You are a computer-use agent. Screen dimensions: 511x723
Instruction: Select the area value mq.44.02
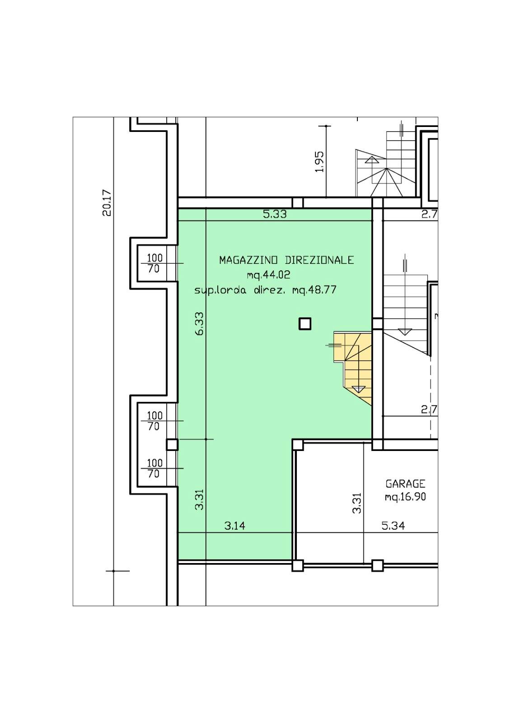coord(268,275)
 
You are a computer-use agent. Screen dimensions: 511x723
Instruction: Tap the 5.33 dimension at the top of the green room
coord(275,214)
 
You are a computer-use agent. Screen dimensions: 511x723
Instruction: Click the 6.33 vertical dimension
coord(200,324)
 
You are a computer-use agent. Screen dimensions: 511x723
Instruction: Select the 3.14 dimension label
coord(234,526)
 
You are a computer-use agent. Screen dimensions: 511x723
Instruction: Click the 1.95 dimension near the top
coord(319,161)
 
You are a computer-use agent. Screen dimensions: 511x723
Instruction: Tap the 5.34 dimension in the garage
coord(393,526)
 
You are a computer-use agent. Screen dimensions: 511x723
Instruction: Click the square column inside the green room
coord(305,324)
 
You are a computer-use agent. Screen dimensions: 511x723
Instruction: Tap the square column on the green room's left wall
coord(173,445)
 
